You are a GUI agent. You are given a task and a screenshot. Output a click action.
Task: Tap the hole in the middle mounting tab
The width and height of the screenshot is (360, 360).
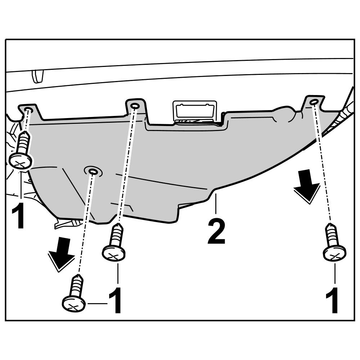pos(135,106)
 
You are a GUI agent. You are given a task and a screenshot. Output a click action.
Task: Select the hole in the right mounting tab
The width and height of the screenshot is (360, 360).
pos(314,102)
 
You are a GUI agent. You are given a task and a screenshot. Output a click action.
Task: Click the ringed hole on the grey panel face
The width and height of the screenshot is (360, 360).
pos(93,171)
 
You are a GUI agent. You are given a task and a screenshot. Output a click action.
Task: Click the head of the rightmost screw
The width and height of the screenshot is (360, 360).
pos(334,253)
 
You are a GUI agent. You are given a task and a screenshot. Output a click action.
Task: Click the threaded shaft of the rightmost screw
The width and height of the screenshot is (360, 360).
pos(331,234)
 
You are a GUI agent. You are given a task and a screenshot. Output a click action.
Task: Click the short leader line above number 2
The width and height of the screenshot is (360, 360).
pos(216,203)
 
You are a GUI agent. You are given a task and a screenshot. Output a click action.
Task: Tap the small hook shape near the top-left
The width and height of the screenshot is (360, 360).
pos(37,75)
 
